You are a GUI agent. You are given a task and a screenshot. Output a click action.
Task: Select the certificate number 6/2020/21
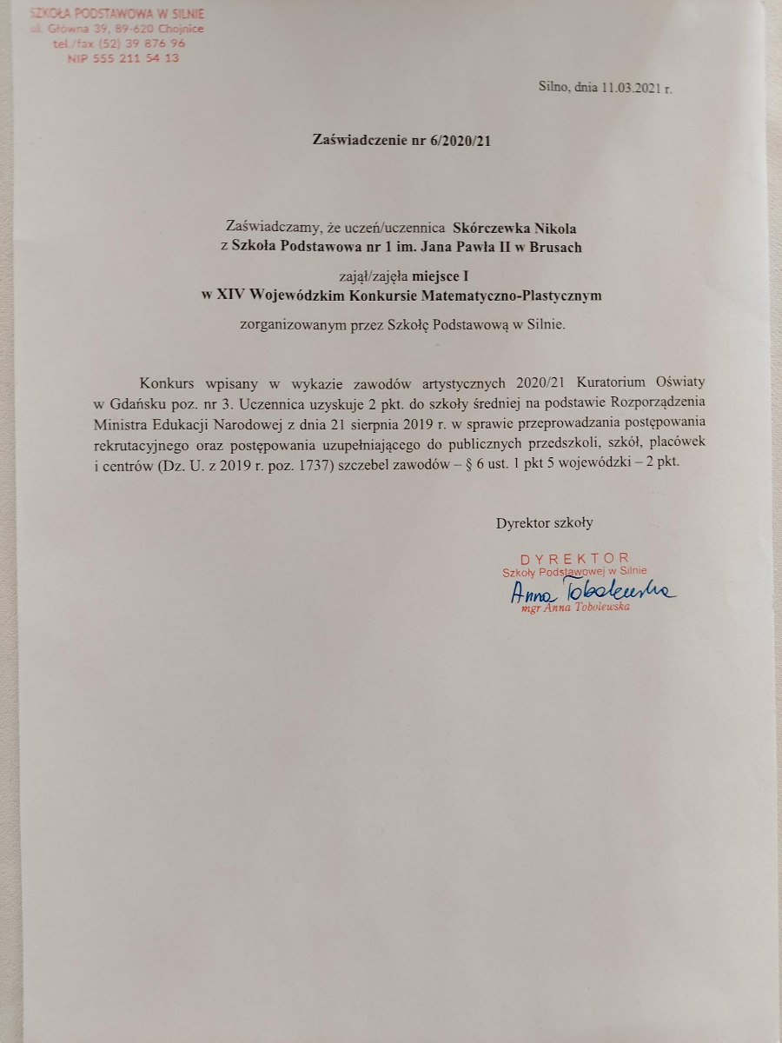tap(460, 140)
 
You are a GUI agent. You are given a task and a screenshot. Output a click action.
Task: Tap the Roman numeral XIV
tap(229, 296)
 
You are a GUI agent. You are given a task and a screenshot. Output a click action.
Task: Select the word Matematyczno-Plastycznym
tap(519, 296)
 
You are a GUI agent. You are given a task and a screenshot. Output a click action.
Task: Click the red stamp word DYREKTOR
tap(574, 558)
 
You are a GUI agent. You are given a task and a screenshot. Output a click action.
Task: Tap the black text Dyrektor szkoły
tap(544, 523)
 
